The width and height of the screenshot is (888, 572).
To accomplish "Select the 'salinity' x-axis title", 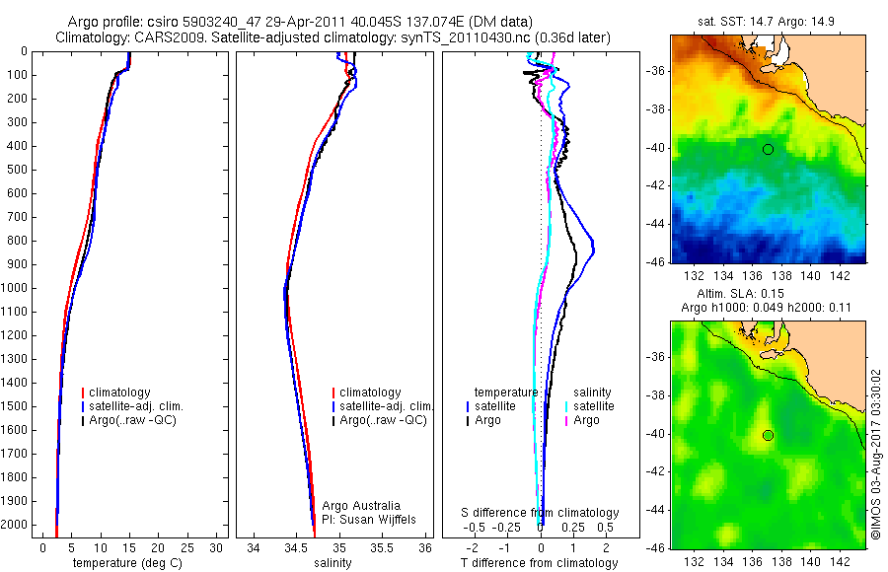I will coord(332,563).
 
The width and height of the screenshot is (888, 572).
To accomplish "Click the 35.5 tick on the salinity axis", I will coord(383,546).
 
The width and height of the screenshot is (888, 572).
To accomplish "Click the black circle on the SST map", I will coord(768,149).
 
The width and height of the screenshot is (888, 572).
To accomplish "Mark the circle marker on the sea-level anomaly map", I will coord(768,435).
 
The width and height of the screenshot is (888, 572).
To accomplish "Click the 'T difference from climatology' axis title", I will coord(540,563).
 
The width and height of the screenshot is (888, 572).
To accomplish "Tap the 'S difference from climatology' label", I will coord(540,513).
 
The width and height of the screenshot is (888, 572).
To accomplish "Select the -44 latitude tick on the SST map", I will coord(656,225).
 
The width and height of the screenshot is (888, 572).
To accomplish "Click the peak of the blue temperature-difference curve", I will coord(592,252).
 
